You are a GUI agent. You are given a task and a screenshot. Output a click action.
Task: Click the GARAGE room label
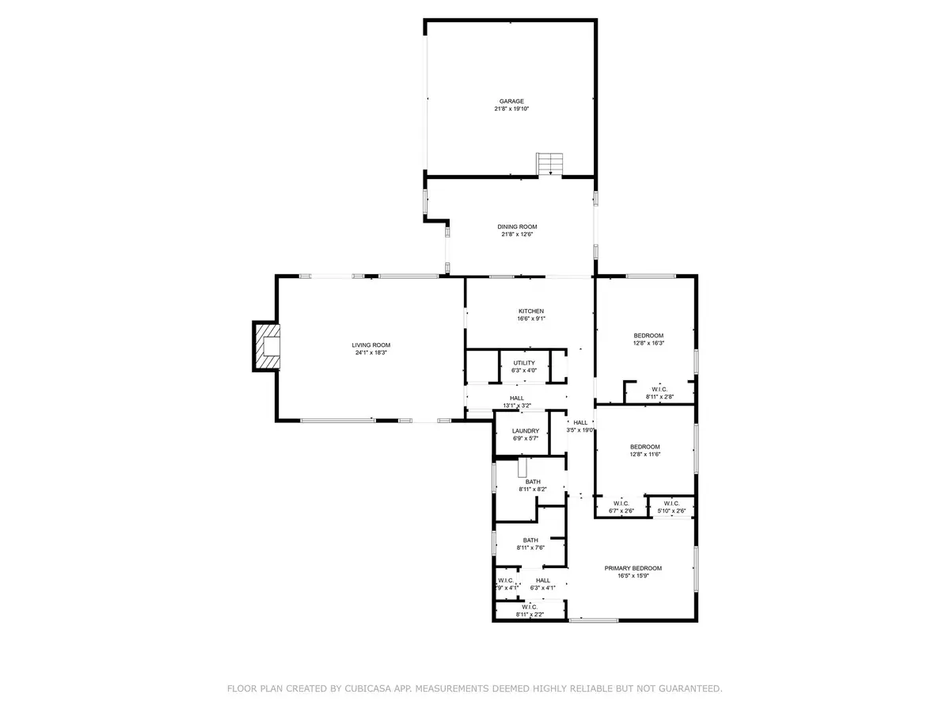point(511,101)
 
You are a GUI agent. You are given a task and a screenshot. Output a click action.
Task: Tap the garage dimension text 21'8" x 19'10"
point(511,109)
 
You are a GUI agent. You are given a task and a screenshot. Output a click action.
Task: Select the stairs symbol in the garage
point(549,164)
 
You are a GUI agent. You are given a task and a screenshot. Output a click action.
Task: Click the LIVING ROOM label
point(371,345)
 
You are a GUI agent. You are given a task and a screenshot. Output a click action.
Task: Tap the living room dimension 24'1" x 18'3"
point(371,353)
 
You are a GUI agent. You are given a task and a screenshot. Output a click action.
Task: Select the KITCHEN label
point(531,311)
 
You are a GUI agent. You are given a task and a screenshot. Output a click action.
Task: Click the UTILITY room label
point(524,363)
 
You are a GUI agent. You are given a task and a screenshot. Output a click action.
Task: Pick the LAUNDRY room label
point(526,431)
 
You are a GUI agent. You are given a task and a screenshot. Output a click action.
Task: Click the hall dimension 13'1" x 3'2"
point(516,406)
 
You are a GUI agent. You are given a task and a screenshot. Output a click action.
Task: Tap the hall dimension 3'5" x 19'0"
point(581,431)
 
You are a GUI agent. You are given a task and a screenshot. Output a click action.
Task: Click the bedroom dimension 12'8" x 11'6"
point(645,455)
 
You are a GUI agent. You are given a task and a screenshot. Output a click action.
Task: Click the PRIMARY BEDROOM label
point(633,568)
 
